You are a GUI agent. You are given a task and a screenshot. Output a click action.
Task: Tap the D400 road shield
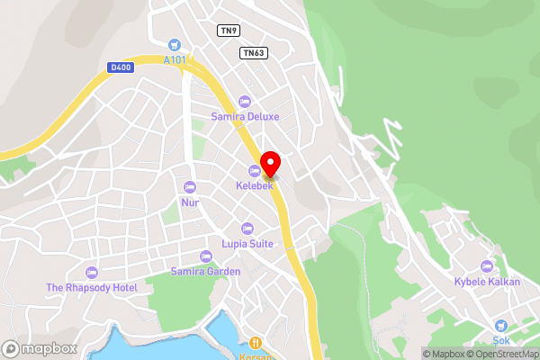[119, 67]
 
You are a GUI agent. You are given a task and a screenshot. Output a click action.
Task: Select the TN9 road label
[229, 31]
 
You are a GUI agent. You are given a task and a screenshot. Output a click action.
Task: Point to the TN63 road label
[252, 53]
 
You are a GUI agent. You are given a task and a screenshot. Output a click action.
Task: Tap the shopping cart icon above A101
[175, 44]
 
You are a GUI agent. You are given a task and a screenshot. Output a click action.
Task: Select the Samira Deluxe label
[245, 116]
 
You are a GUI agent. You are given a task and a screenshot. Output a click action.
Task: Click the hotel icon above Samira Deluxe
[245, 100]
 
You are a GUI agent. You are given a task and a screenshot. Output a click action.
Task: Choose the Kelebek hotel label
[255, 185]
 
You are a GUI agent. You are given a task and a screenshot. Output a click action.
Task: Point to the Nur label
[189, 202]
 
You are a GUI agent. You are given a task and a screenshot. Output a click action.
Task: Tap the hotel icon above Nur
[189, 186]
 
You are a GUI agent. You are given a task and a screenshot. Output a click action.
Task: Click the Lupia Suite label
[247, 243]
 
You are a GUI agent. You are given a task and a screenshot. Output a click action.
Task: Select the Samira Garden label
[206, 271]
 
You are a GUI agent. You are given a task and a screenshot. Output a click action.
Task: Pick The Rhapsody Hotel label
[91, 287]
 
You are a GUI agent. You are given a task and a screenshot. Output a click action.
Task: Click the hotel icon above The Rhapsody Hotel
[91, 272]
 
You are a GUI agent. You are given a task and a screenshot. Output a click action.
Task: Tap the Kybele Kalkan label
[487, 281]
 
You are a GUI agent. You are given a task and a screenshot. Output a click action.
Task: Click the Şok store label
[501, 341]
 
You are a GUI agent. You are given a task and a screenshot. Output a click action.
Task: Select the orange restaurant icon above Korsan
[256, 342]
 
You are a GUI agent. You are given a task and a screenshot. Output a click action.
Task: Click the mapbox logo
[39, 348]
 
